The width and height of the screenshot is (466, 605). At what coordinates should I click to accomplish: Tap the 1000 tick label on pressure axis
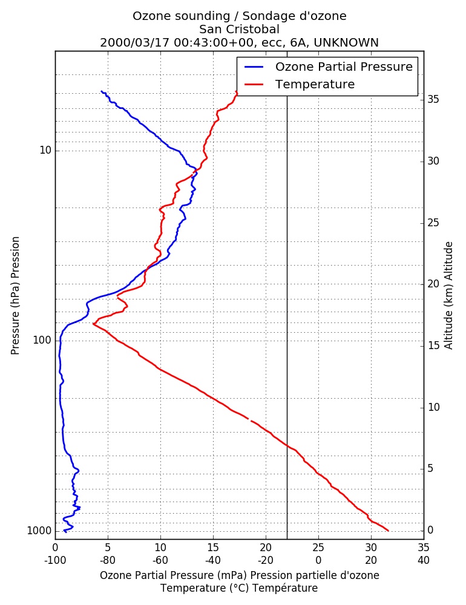[39, 531]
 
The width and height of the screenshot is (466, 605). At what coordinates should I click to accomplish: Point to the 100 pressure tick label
[42, 340]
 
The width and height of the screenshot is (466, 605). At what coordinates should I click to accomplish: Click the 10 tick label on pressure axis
[45, 150]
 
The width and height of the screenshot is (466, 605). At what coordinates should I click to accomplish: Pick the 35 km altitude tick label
[433, 100]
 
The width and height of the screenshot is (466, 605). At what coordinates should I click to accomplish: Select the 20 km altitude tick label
[433, 284]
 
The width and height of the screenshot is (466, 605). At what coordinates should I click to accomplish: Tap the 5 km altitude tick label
[430, 468]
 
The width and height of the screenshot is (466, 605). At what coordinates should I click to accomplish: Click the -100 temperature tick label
[55, 560]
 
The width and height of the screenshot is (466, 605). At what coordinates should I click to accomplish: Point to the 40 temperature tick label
[424, 560]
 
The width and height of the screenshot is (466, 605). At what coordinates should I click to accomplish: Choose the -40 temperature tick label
[213, 560]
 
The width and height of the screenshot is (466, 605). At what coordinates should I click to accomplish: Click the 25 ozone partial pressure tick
[318, 547]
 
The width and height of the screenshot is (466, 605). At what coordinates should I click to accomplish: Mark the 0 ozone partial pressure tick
[55, 547]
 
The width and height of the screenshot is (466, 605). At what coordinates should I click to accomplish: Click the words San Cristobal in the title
[240, 29]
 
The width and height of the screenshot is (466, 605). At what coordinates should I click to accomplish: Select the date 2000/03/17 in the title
[135, 42]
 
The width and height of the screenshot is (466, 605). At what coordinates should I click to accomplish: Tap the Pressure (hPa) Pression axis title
[15, 296]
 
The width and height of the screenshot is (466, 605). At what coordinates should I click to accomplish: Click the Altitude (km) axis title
[448, 296]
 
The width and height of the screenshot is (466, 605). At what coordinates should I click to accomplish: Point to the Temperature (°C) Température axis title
[240, 588]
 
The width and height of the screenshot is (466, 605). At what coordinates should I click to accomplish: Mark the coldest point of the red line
[93, 324]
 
